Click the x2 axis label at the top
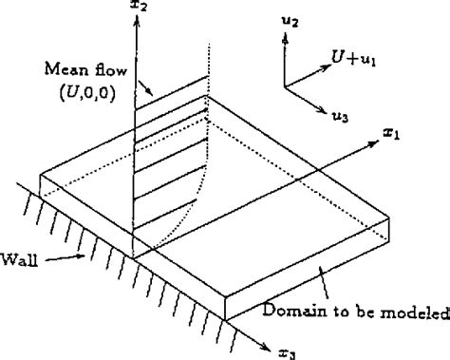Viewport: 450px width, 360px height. [x=141, y=8]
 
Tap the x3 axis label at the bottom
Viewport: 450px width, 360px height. [x=289, y=352]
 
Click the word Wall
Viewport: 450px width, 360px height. [x=19, y=257]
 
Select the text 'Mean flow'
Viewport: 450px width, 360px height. [x=80, y=68]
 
